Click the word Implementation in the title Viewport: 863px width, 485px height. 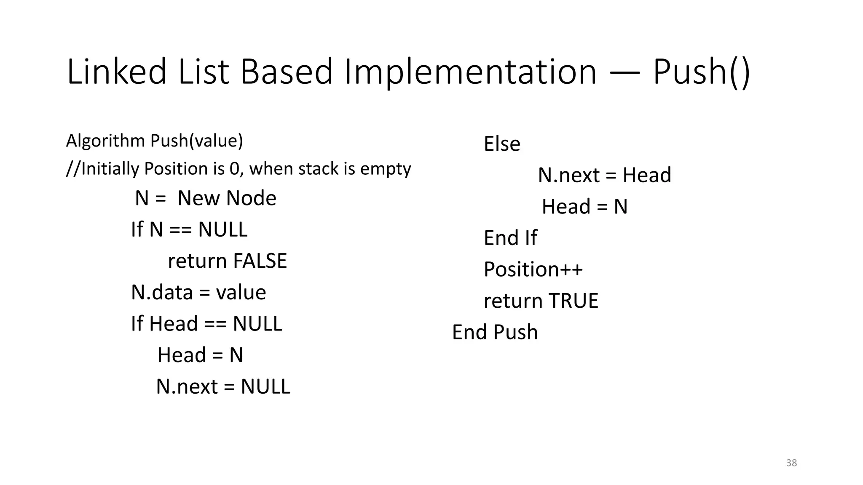(470, 72)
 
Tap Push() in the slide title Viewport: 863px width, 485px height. (701, 72)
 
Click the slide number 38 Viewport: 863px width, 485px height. (791, 463)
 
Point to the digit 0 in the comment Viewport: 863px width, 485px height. (234, 169)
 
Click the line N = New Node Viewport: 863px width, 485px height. (205, 198)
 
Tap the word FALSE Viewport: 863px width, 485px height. (260, 261)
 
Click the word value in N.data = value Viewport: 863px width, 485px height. (241, 293)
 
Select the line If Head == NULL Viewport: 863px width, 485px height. (206, 324)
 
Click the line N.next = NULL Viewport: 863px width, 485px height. (223, 386)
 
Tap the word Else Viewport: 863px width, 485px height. (501, 144)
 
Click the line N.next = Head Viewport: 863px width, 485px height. (604, 175)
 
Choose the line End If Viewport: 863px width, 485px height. (510, 238)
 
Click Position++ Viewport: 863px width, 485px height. (533, 269)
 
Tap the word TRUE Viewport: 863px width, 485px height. (574, 301)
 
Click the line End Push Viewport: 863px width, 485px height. (495, 332)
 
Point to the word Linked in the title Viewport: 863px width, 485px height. (117, 72)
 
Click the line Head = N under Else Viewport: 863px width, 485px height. (584, 207)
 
